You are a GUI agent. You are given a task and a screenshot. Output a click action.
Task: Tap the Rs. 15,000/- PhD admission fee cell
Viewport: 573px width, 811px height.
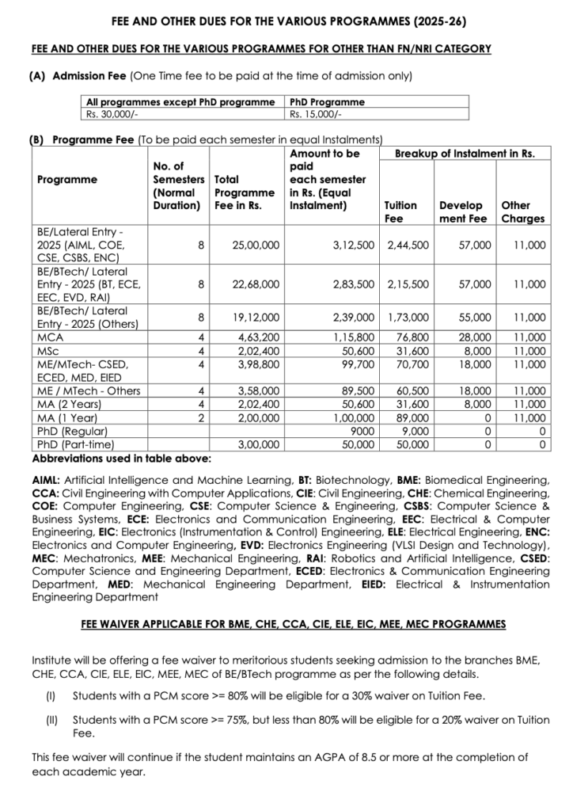[316, 113]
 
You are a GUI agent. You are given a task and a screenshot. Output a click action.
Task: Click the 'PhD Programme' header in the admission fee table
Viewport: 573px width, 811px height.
[327, 102]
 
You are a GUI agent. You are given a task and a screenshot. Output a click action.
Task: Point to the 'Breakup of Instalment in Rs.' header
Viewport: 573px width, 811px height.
[465, 153]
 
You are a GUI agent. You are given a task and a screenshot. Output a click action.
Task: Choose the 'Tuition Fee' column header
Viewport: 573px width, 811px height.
[400, 211]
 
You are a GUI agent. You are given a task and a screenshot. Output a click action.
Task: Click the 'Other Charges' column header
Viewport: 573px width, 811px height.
[522, 211]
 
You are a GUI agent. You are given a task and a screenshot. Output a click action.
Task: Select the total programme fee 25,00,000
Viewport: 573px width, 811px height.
[256, 246]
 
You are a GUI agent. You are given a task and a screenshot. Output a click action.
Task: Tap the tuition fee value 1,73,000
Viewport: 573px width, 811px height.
[408, 317]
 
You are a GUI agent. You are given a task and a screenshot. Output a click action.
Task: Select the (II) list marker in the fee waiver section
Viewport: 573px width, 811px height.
[51, 721]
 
